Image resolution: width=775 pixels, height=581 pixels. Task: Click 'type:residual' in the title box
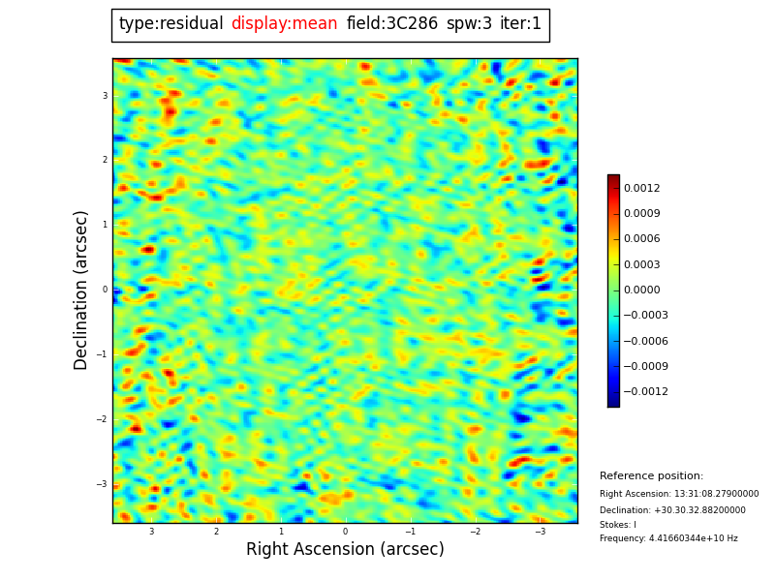point(170,24)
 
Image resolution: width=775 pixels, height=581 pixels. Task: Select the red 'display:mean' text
point(284,24)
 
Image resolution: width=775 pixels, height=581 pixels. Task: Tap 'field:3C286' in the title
point(391,24)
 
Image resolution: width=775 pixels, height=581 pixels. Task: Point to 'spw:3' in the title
point(469,24)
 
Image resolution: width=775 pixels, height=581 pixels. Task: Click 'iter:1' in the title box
point(520,24)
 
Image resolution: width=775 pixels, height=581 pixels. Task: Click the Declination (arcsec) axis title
point(82,290)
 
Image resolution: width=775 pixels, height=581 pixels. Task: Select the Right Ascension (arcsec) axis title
point(345,550)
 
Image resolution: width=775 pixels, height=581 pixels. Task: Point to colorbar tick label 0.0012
point(641,189)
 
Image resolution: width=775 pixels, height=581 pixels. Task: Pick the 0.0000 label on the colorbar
point(641,290)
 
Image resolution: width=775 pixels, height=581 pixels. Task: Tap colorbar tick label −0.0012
point(640,392)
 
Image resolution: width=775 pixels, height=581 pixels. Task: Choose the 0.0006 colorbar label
point(641,239)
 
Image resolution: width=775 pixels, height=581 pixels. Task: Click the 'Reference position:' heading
point(651,476)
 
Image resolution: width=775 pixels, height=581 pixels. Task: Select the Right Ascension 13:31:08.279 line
point(679,494)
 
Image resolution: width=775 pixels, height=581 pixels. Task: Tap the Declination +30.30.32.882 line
point(672,510)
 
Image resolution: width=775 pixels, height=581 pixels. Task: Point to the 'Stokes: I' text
point(618,525)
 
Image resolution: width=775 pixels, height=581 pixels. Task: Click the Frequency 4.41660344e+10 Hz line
point(668,538)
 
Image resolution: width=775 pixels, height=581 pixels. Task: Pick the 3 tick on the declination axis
point(105,96)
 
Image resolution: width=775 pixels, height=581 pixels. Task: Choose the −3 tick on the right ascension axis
point(541,532)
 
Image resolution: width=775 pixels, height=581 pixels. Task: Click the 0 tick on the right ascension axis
point(345,532)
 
